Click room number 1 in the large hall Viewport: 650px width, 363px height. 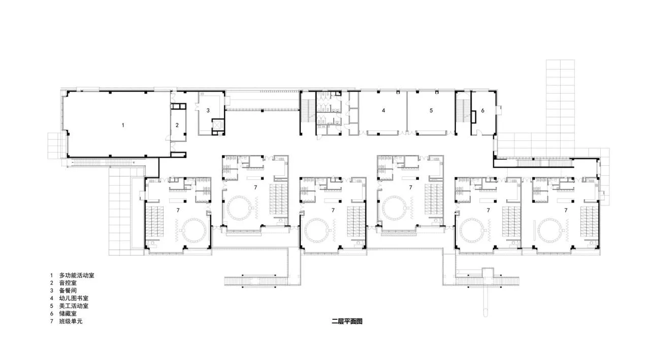pyautogui.click(x=123, y=125)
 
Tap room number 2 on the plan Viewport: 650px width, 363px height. pyautogui.click(x=177, y=125)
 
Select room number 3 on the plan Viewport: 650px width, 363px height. pyautogui.click(x=208, y=110)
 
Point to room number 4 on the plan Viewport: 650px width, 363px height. pyautogui.click(x=383, y=110)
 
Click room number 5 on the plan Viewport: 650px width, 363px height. pyautogui.click(x=431, y=110)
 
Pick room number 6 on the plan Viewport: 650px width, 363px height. pyautogui.click(x=482, y=110)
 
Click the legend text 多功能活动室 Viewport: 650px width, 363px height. pyautogui.click(x=77, y=275)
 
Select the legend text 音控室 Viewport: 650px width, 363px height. pyautogui.click(x=68, y=283)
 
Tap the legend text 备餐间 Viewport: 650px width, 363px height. pyautogui.click(x=68, y=290)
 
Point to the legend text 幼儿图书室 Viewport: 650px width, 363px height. pyautogui.click(x=74, y=298)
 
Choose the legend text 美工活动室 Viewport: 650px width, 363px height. pyautogui.click(x=74, y=306)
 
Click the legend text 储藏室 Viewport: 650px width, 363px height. pyautogui.click(x=68, y=314)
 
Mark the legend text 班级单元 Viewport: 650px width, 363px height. pyautogui.click(x=71, y=321)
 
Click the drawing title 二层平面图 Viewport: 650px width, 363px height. pyautogui.click(x=347, y=321)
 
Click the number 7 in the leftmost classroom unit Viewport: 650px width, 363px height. pyautogui.click(x=178, y=210)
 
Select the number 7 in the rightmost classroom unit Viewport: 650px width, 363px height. pyautogui.click(x=566, y=210)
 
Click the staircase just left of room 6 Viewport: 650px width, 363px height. pyautogui.click(x=463, y=111)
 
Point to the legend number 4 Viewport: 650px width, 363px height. pyautogui.click(x=52, y=298)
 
